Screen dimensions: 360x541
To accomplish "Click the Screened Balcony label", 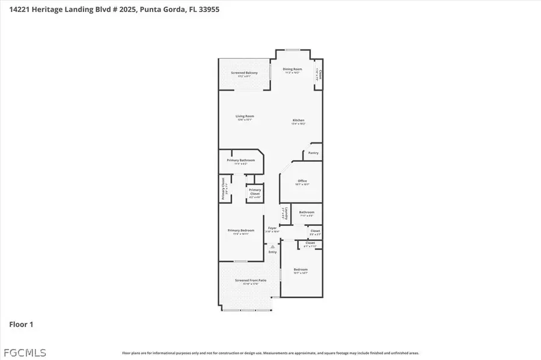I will click(244, 73).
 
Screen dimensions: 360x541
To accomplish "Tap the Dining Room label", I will click(292, 70).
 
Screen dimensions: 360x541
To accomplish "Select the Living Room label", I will click(245, 117).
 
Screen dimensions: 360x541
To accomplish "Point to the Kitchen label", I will click(299, 121).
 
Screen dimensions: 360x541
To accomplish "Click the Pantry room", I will click(313, 153).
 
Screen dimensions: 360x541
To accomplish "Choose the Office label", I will click(302, 183).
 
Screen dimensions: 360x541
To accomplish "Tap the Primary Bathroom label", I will click(240, 161).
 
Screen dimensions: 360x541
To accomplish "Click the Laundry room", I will click(287, 213).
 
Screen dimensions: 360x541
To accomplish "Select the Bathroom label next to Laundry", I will click(307, 213).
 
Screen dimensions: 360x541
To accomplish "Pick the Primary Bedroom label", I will click(240, 231).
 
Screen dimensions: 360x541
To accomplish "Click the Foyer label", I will click(272, 229).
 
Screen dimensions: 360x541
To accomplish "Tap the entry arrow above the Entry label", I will click(272, 246).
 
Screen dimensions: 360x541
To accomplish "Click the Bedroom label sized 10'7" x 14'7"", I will click(301, 270).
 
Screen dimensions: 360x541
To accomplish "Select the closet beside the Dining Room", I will click(319, 75).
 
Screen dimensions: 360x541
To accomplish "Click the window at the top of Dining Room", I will click(292, 50).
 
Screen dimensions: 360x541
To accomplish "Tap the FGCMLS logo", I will click(23, 352).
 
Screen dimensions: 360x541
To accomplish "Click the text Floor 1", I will click(21, 325).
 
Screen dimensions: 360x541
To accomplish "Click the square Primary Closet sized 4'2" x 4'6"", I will click(255, 192).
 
